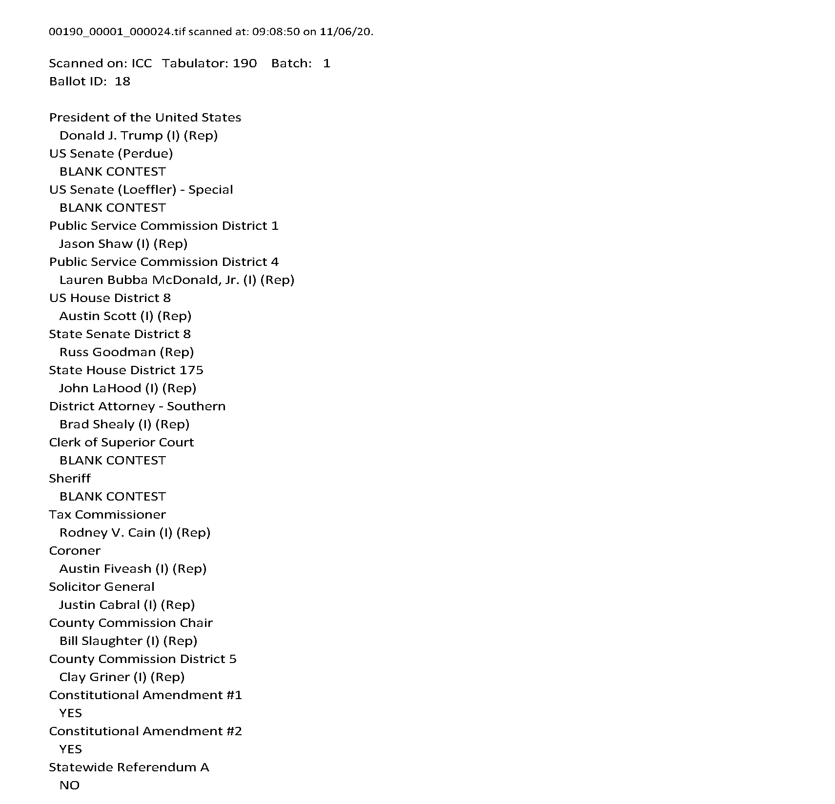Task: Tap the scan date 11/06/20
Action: pyautogui.click(x=346, y=32)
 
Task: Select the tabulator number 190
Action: pyautogui.click(x=244, y=63)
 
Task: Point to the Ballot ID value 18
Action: pyautogui.click(x=122, y=81)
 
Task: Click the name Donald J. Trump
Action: pyautogui.click(x=111, y=136)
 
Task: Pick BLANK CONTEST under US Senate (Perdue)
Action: pyautogui.click(x=112, y=172)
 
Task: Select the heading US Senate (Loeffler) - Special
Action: pyautogui.click(x=141, y=190)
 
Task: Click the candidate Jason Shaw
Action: pyautogui.click(x=96, y=244)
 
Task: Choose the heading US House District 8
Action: pyautogui.click(x=110, y=298)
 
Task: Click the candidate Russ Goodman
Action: pyautogui.click(x=107, y=352)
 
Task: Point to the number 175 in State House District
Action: pyautogui.click(x=191, y=370)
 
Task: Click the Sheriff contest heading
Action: pyautogui.click(x=70, y=479)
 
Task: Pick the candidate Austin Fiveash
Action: pyautogui.click(x=105, y=569)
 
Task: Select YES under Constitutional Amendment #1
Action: pyautogui.click(x=71, y=713)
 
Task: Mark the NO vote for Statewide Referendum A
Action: pyautogui.click(x=69, y=785)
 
